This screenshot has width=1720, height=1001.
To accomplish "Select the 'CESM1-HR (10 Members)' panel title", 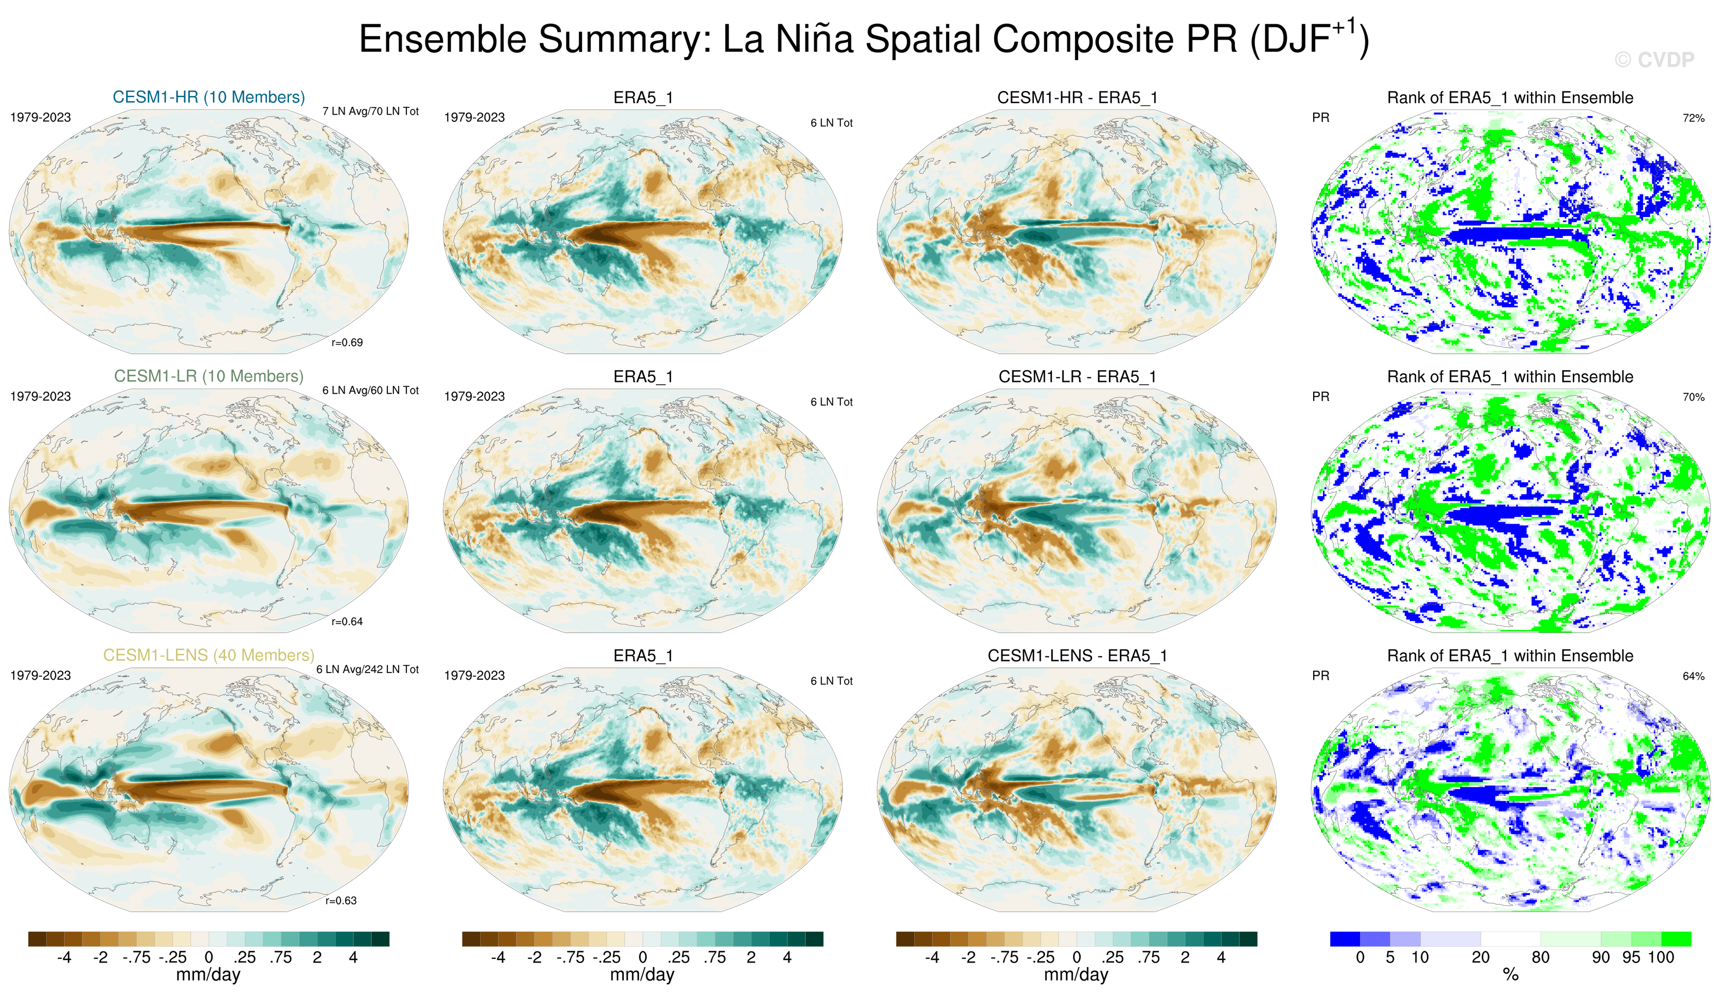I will tap(209, 97).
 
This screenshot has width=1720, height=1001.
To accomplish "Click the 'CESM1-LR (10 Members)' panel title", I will tap(209, 376).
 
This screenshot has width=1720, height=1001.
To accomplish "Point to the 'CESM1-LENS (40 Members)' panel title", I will tap(209, 655).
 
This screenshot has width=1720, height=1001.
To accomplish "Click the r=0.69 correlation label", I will tap(347, 342).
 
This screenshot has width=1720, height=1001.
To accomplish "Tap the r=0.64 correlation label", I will tap(347, 622).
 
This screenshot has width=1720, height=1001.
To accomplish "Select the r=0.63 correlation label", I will tap(341, 901).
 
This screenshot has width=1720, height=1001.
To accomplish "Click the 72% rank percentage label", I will tap(1693, 118).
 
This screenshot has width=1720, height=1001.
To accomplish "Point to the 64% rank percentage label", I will tap(1693, 676).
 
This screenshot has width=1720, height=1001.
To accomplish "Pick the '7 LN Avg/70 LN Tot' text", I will tap(371, 111).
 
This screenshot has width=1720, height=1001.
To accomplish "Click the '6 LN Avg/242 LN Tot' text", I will tap(367, 669).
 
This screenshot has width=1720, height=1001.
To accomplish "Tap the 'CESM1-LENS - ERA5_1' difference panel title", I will tap(1077, 656).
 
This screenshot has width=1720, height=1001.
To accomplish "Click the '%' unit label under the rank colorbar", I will tap(1511, 974).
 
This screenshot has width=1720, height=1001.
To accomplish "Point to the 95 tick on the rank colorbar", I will tap(1631, 957).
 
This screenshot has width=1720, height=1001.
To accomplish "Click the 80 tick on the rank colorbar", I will tap(1540, 957).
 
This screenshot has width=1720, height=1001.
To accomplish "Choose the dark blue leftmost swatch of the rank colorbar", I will tap(1345, 939).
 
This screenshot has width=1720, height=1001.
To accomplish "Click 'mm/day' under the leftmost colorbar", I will tap(208, 974).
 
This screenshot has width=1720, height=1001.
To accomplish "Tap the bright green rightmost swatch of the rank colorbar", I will tap(1676, 939).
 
